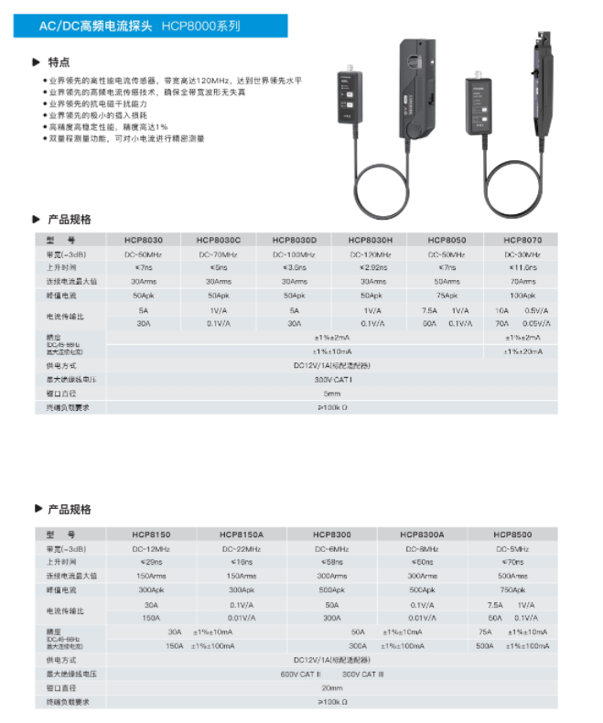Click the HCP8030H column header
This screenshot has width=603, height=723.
(371, 240)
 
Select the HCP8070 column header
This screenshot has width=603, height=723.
(522, 240)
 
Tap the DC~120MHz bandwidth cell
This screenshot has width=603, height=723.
(371, 254)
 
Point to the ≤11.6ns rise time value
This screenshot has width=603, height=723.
(522, 267)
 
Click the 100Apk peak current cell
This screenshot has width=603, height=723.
(522, 296)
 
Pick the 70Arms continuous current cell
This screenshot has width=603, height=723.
(522, 282)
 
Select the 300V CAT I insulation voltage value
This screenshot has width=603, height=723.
(332, 379)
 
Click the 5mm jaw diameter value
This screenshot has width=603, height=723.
(332, 393)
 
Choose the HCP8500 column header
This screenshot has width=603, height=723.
(512, 534)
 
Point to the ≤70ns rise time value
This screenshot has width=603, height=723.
(512, 562)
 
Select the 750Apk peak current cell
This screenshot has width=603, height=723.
(512, 590)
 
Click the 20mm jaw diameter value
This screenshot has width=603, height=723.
(332, 687)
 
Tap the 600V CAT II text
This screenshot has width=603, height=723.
(300, 674)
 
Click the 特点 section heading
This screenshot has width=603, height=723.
(59, 62)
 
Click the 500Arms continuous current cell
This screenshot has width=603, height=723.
(512, 576)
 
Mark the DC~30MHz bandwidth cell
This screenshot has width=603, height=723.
(522, 254)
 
